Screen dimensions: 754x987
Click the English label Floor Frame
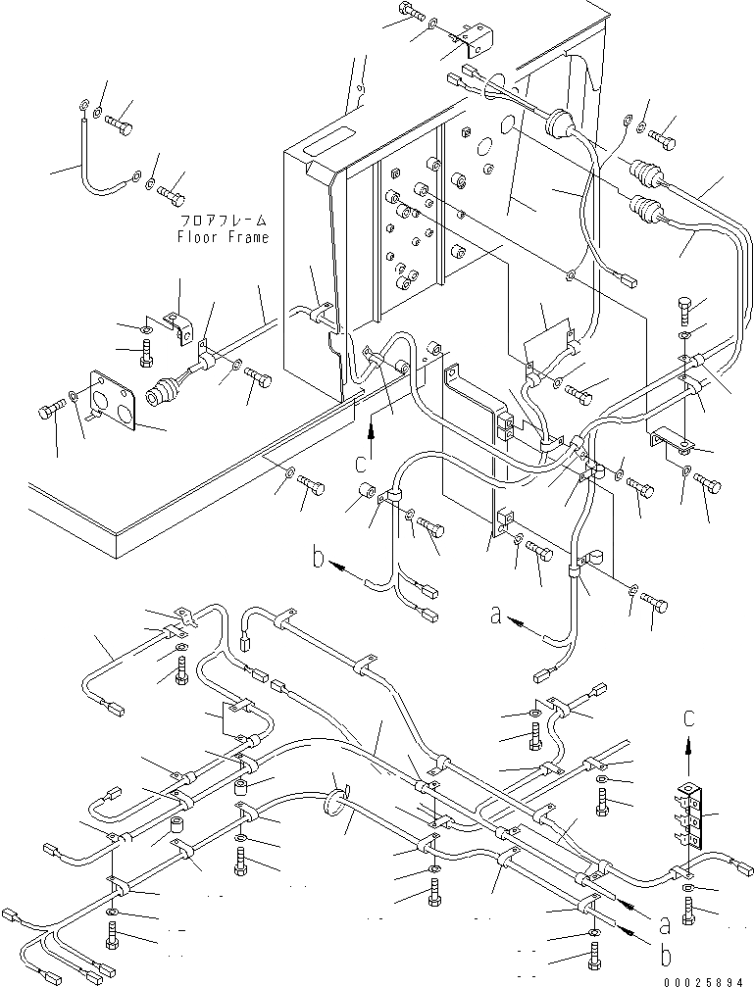point(223,237)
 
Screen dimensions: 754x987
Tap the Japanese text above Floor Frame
point(224,221)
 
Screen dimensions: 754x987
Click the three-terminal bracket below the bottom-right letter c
point(691,816)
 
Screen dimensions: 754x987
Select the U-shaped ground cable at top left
point(106,151)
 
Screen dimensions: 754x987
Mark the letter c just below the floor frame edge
point(361,464)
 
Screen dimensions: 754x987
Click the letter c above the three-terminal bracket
point(689,718)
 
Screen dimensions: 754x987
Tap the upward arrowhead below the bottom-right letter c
point(689,743)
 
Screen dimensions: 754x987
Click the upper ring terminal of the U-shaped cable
point(83,104)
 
